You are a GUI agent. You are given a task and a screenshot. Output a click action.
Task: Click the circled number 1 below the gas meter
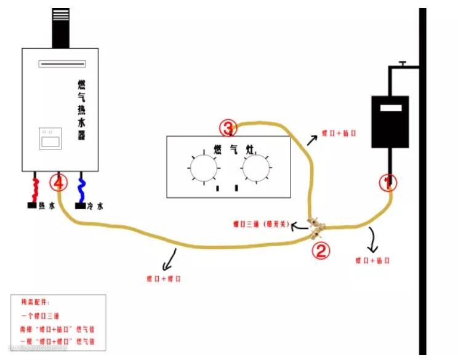point(388,182)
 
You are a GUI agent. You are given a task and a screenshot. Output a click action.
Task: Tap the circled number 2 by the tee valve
point(321,250)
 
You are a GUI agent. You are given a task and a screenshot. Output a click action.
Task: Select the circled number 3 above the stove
point(228,129)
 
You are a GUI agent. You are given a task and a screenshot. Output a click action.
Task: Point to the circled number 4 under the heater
point(59,183)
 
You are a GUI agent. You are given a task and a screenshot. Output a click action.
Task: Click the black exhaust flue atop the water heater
point(61,28)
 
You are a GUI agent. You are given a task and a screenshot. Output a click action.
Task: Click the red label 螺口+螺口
point(164,279)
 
